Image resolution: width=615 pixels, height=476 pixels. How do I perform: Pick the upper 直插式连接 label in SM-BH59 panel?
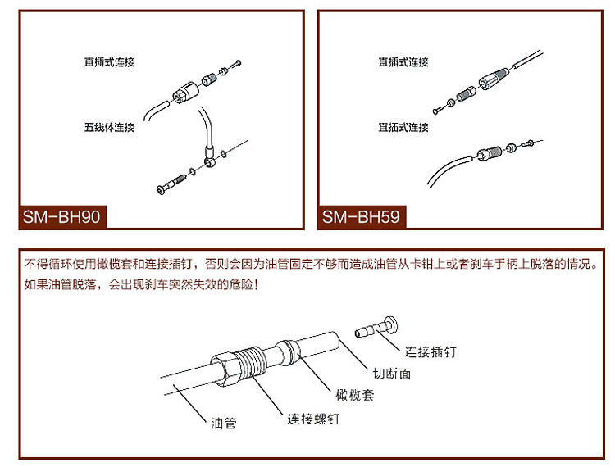[403, 62]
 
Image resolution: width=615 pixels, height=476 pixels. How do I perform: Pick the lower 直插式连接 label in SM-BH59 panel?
[403, 128]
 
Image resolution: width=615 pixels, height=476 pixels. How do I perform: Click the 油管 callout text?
[223, 424]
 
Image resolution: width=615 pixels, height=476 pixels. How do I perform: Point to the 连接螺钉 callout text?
[313, 419]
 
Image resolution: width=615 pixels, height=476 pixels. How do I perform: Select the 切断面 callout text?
[393, 374]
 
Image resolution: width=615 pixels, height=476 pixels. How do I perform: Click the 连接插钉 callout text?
[430, 352]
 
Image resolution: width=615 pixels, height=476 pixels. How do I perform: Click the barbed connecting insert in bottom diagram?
[374, 329]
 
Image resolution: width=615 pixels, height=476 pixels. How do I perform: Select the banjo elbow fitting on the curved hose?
[212, 158]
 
